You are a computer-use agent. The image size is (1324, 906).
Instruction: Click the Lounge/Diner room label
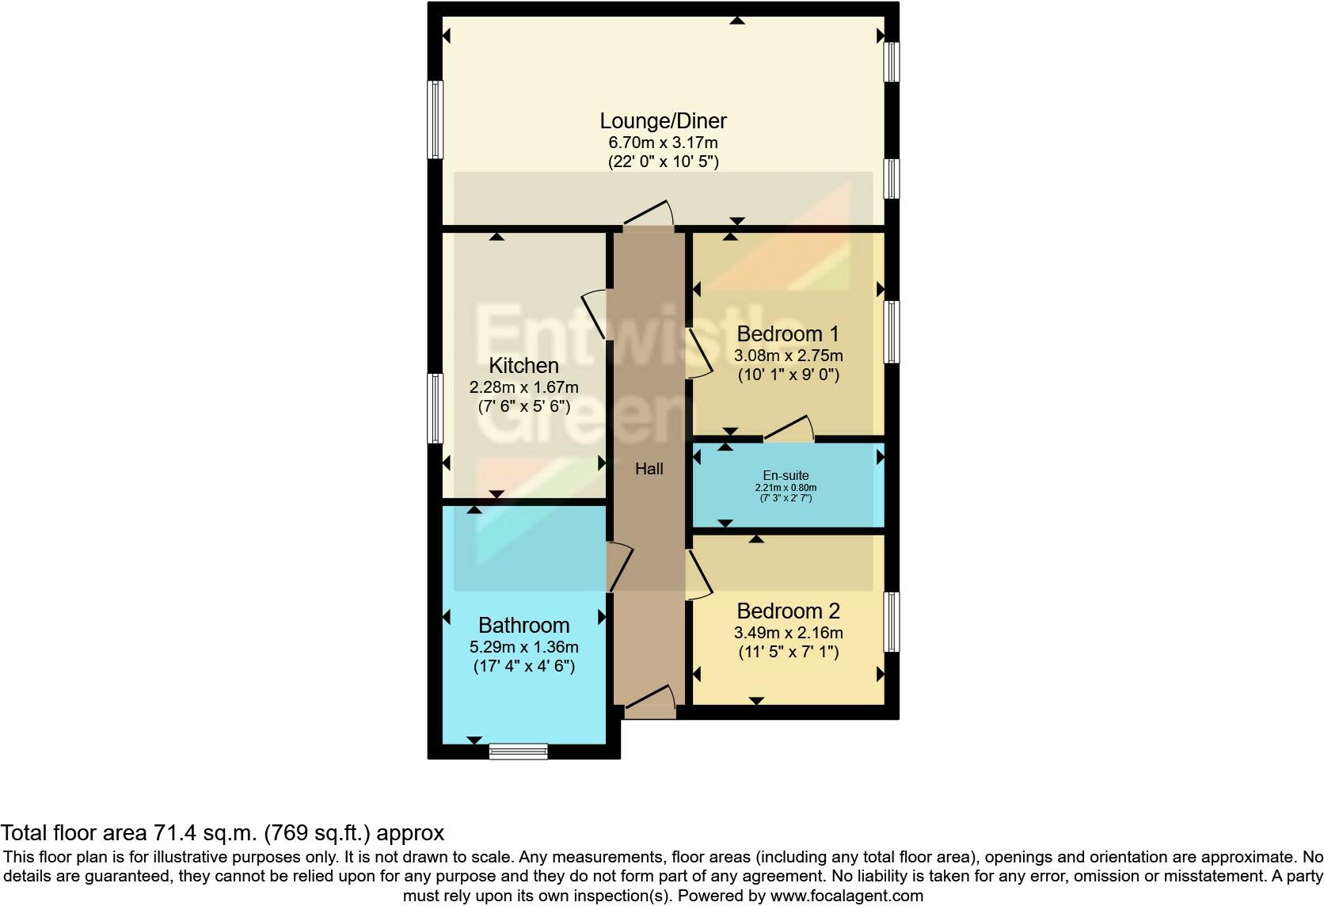(663, 121)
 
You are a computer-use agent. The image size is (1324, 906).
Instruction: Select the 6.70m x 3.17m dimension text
(663, 143)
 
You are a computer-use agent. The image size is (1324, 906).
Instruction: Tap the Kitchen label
(523, 366)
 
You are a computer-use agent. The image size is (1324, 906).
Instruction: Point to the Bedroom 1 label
(787, 333)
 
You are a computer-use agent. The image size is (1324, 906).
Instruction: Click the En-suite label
(786, 476)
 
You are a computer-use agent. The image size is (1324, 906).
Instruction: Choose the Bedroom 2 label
(787, 611)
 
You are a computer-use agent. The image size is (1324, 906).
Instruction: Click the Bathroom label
(523, 626)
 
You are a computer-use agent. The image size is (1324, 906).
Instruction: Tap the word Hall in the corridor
(649, 469)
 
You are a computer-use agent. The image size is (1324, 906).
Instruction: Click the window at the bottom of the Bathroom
(519, 751)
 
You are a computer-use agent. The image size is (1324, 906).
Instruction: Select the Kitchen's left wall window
(435, 408)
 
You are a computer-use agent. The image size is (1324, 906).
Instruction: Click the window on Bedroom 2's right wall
(892, 622)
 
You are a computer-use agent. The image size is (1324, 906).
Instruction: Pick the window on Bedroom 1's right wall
(892, 332)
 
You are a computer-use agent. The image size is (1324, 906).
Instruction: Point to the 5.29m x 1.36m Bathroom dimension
(523, 647)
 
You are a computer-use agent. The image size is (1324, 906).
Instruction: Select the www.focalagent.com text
(847, 896)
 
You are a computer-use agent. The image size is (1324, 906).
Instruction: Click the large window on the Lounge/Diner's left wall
(435, 120)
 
